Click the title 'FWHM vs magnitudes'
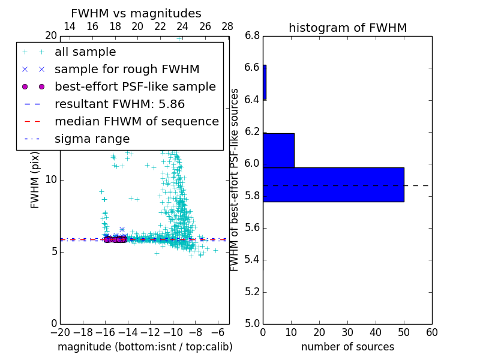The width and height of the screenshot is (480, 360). click(136, 13)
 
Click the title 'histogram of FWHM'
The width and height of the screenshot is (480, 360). click(347, 28)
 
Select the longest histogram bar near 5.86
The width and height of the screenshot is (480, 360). click(333, 184)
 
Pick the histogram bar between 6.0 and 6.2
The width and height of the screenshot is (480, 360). click(278, 150)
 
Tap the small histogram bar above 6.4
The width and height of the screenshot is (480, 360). click(265, 82)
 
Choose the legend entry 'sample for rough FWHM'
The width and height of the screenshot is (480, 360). click(127, 69)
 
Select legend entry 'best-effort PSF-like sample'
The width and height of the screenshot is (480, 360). click(135, 86)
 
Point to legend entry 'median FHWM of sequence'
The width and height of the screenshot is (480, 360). click(136, 121)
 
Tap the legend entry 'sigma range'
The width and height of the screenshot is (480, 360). click(92, 139)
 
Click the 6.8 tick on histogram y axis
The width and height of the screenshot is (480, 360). click(252, 36)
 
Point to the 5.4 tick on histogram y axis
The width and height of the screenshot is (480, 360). click(252, 260)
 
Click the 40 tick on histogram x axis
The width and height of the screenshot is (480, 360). click(376, 332)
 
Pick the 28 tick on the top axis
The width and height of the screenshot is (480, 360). click(227, 26)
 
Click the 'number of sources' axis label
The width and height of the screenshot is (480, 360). click(347, 347)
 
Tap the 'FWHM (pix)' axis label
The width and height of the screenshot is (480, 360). click(35, 181)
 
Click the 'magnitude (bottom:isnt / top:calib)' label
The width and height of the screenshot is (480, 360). click(145, 347)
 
